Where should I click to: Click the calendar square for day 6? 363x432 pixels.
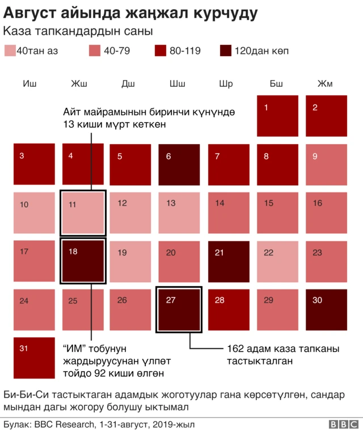tap(179, 165)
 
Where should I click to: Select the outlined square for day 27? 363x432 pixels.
tap(179, 310)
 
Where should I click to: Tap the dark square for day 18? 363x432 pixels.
tap(83, 262)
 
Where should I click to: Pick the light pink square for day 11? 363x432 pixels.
tap(83, 213)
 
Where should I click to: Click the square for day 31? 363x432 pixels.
tap(34, 358)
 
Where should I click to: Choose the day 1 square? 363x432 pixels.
tap(277, 116)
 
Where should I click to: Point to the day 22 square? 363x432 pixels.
tap(277, 262)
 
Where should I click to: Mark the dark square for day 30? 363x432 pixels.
tap(326, 310)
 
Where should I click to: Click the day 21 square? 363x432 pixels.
tap(229, 262)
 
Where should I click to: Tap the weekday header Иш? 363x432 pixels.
tap(29, 84)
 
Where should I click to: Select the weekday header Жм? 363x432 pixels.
tap(325, 84)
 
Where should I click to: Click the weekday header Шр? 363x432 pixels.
tap(226, 84)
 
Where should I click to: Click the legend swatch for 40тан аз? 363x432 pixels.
tap(10, 51)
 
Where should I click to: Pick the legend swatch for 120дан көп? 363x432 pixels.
tap(226, 51)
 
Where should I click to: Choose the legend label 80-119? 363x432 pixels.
tap(185, 51)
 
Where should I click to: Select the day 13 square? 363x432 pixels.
tap(179, 213)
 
